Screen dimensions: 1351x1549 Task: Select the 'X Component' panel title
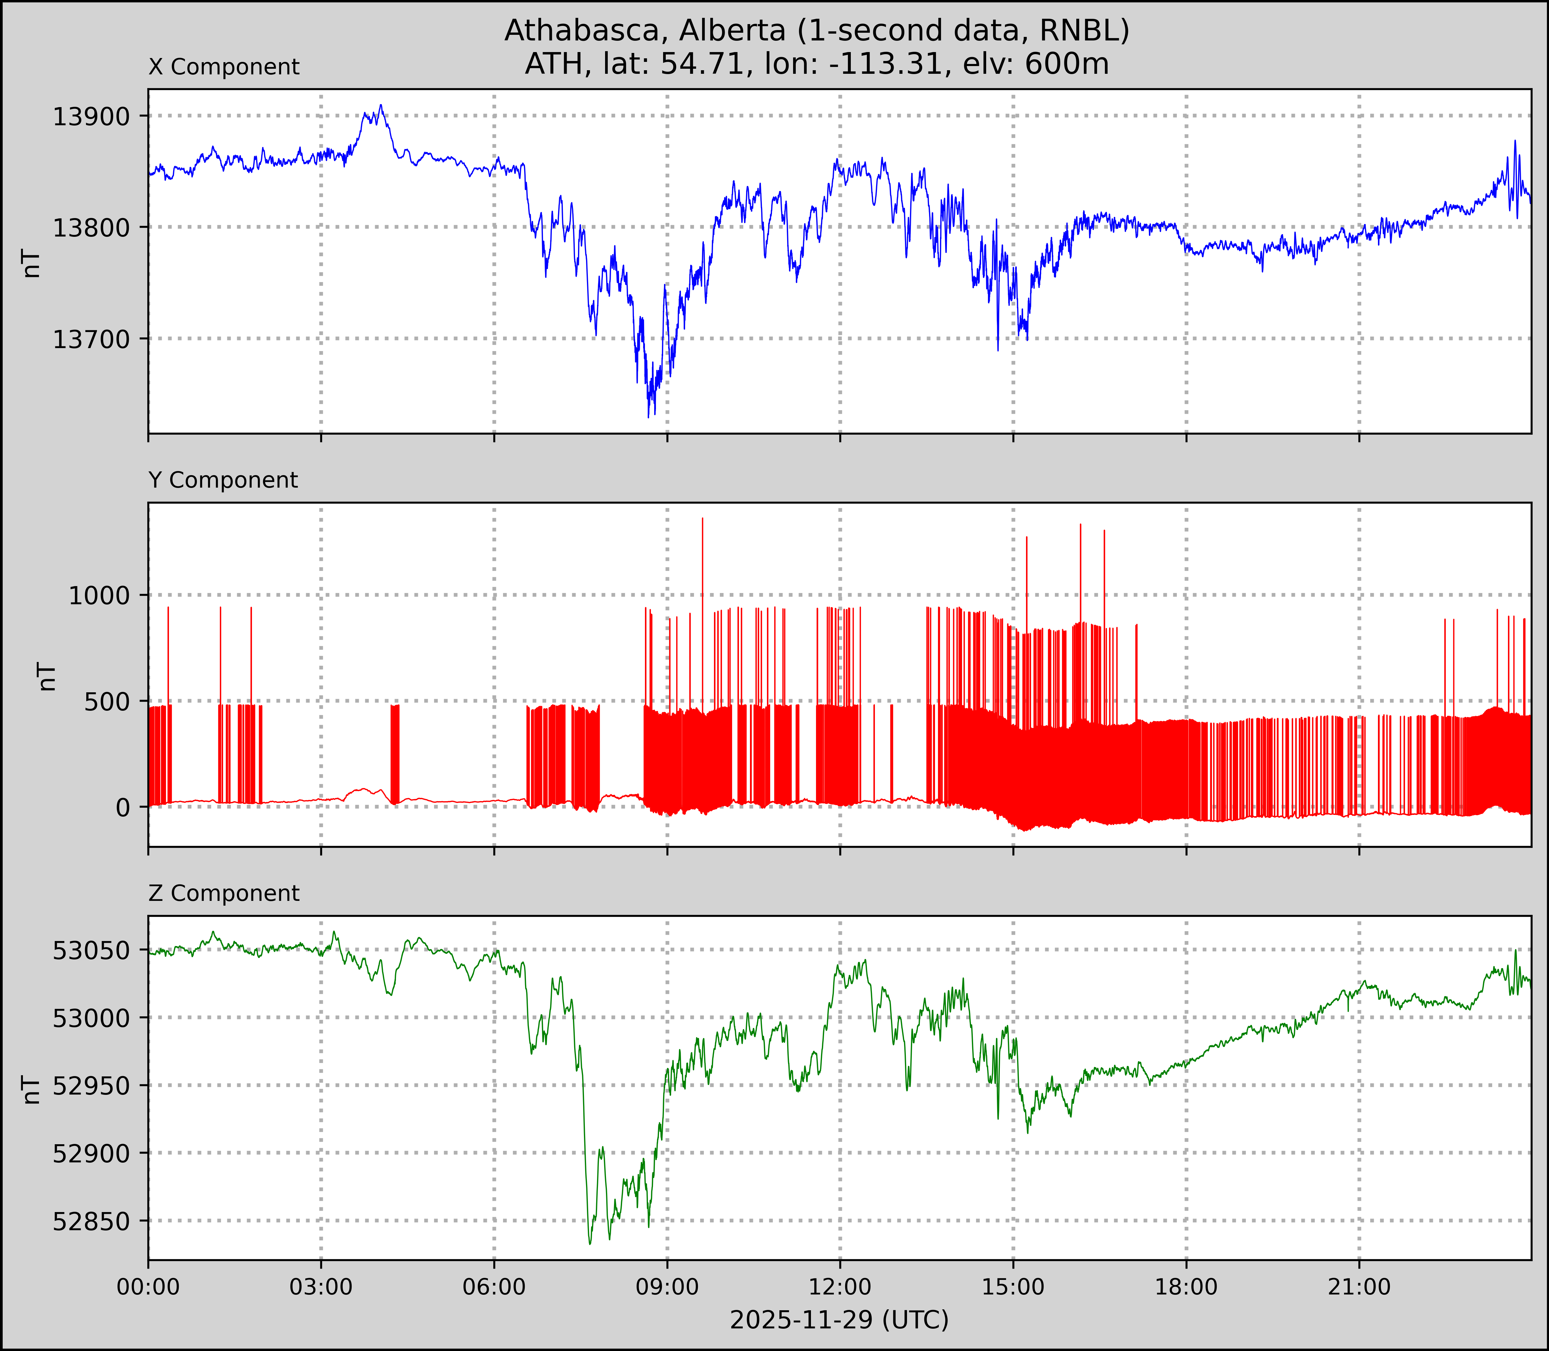click(224, 67)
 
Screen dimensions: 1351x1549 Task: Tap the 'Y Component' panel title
click(223, 480)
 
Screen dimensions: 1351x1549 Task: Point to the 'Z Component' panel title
click(224, 893)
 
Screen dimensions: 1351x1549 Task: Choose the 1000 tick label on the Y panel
click(99, 596)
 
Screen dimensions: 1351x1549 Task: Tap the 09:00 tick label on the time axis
click(667, 1287)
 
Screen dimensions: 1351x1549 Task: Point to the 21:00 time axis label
click(1359, 1287)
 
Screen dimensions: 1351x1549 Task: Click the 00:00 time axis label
click(148, 1287)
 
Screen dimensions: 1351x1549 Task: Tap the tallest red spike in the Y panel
click(703, 519)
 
